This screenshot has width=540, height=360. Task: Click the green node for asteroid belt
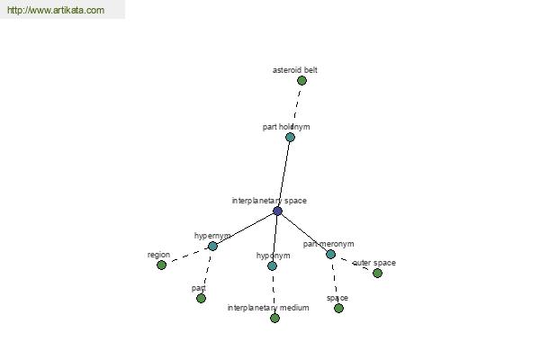click(301, 81)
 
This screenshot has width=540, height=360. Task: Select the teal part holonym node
click(290, 137)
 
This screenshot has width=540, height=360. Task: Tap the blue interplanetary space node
click(277, 211)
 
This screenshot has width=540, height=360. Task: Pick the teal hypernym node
click(212, 246)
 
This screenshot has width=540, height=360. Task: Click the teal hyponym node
click(272, 265)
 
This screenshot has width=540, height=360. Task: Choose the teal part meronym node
click(330, 254)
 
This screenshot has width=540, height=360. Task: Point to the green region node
click(161, 265)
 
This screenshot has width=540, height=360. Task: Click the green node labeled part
click(201, 298)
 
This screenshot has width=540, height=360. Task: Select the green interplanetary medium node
click(274, 318)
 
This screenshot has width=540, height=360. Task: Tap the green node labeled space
click(339, 308)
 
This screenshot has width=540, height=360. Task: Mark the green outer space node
click(377, 273)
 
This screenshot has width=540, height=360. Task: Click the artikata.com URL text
click(56, 10)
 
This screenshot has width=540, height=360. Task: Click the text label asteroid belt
click(295, 70)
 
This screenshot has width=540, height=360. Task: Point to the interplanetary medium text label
click(268, 308)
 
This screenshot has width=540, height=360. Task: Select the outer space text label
click(374, 263)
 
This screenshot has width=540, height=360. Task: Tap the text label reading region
click(158, 255)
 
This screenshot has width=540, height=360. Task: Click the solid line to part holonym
click(283, 174)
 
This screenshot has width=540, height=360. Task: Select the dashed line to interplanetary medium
click(274, 292)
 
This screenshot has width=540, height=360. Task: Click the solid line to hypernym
click(245, 229)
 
